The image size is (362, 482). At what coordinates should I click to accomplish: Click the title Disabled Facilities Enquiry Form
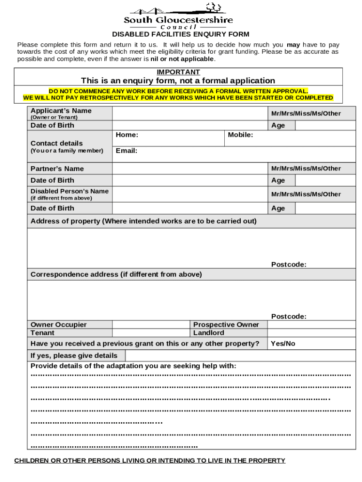[181, 34]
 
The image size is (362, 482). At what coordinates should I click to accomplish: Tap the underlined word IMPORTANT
[178, 72]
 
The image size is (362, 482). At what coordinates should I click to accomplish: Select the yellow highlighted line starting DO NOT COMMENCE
[178, 91]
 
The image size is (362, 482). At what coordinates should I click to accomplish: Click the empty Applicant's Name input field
[189, 113]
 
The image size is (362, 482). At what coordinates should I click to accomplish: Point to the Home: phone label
[127, 135]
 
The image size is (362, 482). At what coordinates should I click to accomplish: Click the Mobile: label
[240, 135]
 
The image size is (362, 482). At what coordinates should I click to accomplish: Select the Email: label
[126, 151]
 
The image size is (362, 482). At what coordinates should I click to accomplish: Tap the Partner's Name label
[57, 169]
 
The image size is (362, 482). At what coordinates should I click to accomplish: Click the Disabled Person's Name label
[69, 191]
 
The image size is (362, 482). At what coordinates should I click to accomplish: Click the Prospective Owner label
[226, 325]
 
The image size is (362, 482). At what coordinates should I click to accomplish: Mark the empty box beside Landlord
[312, 333]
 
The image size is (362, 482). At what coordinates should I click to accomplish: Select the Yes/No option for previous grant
[283, 344]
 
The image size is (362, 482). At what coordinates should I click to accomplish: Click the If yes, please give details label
[74, 355]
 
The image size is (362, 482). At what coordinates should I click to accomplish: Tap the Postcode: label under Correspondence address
[289, 316]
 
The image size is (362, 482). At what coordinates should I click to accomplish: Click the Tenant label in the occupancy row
[42, 333]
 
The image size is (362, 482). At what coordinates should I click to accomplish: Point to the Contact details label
[56, 143]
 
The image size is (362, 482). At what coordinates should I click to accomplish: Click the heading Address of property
[143, 221]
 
